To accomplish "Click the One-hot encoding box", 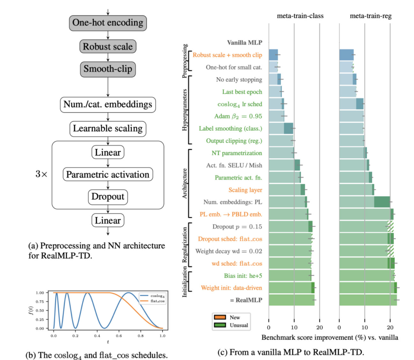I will click(108, 23).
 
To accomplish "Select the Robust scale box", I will click(108, 47).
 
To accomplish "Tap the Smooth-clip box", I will click(108, 69).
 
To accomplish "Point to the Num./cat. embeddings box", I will click(108, 105).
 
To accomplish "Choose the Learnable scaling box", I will click(108, 129).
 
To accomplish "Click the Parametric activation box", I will click(108, 175).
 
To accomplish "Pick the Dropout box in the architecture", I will click(108, 197).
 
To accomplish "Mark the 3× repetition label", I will click(41, 174).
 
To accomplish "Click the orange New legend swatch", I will click(220, 317).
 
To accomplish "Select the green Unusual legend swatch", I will click(220, 325).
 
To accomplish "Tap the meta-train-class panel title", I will click(300, 16).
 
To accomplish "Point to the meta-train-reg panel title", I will click(371, 16).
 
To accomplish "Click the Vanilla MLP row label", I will click(244, 42).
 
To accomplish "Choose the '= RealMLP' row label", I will click(246, 300).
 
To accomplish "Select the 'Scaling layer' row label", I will click(245, 190).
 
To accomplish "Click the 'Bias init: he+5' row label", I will click(243, 276).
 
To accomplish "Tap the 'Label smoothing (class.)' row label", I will click(230, 128).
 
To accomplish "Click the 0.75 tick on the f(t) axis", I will click(40, 302).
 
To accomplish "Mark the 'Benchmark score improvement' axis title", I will click(330, 337).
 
